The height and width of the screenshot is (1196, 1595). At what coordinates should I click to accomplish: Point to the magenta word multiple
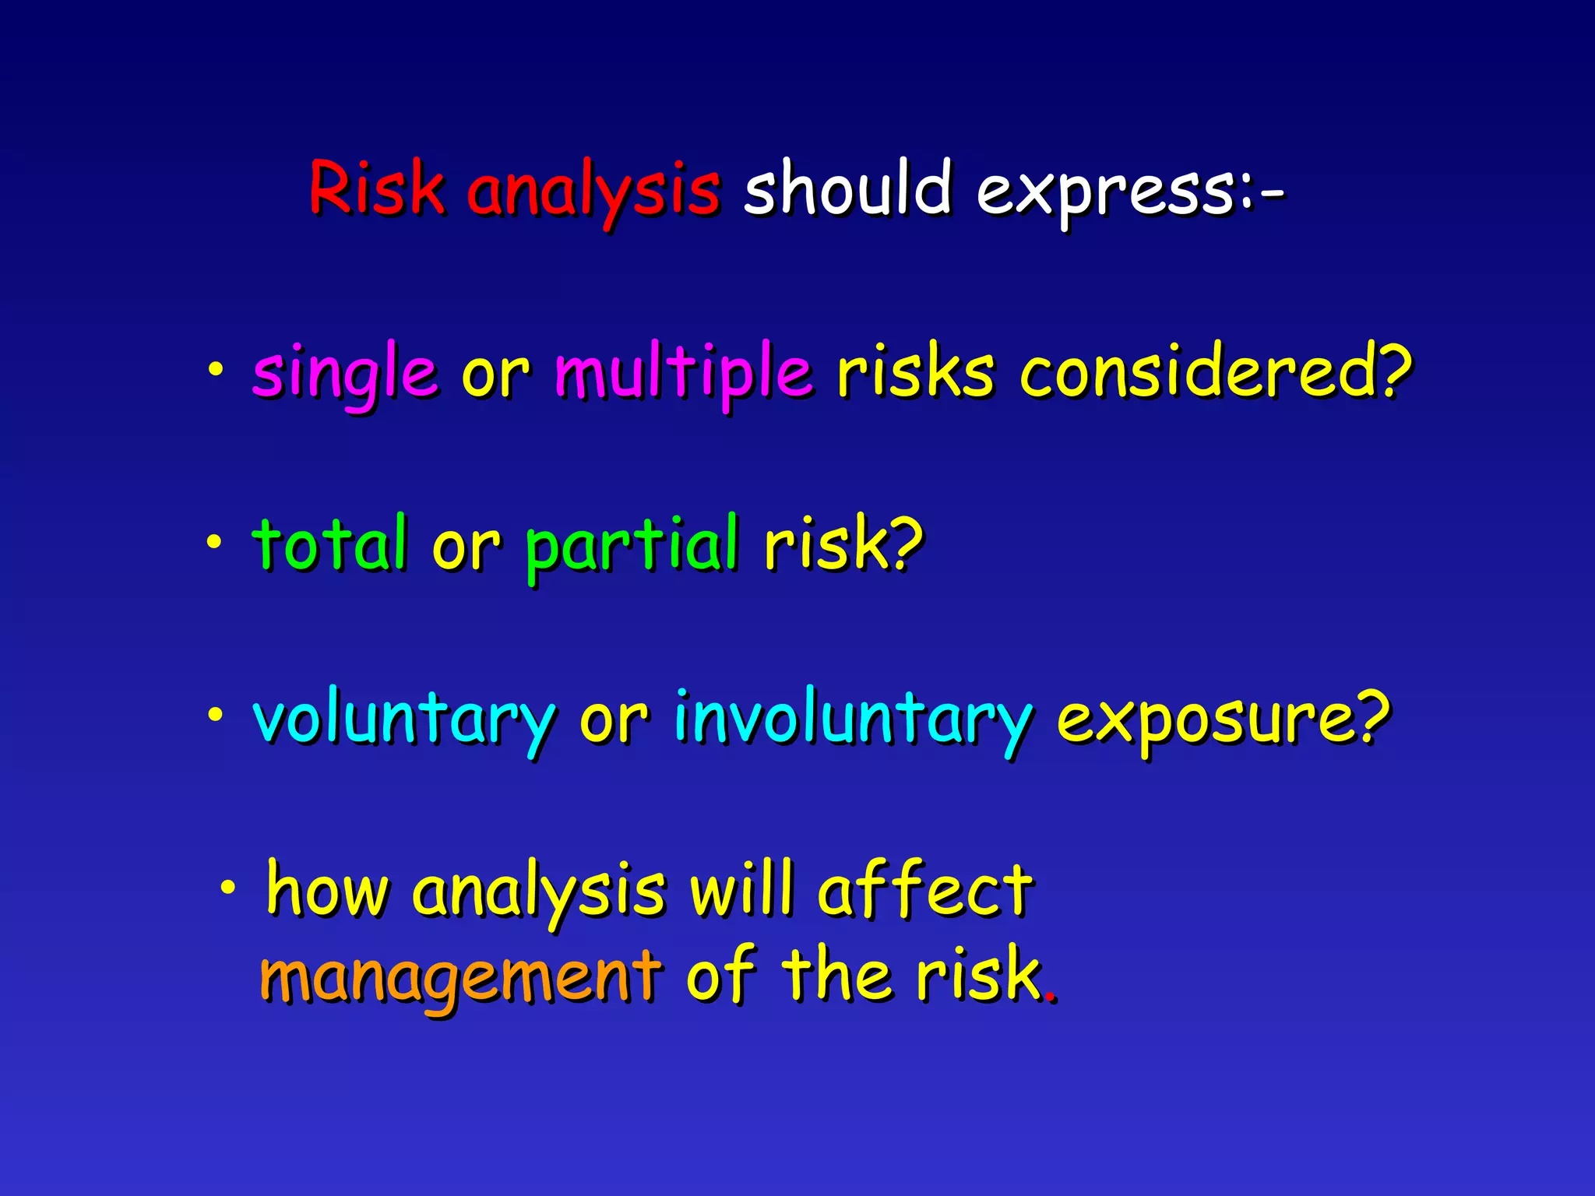pyautogui.click(x=683, y=372)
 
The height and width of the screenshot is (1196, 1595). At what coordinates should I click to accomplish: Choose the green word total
pyautogui.click(x=329, y=543)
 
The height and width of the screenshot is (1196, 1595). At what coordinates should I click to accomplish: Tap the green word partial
pyautogui.click(x=631, y=545)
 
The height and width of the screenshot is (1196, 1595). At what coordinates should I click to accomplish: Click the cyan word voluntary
pyautogui.click(x=404, y=718)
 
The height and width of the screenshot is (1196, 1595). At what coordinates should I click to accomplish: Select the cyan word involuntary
pyautogui.click(x=853, y=718)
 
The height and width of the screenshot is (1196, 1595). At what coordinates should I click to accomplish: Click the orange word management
pyautogui.click(x=459, y=976)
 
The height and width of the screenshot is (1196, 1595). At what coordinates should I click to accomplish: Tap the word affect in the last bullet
pyautogui.click(x=925, y=889)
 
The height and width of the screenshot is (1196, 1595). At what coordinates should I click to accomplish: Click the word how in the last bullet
pyautogui.click(x=326, y=889)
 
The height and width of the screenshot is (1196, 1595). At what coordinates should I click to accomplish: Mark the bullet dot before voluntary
pyautogui.click(x=215, y=713)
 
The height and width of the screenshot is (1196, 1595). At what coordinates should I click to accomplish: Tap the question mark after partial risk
pyautogui.click(x=906, y=543)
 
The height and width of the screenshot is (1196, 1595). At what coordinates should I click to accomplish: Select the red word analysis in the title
pyautogui.click(x=593, y=191)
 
